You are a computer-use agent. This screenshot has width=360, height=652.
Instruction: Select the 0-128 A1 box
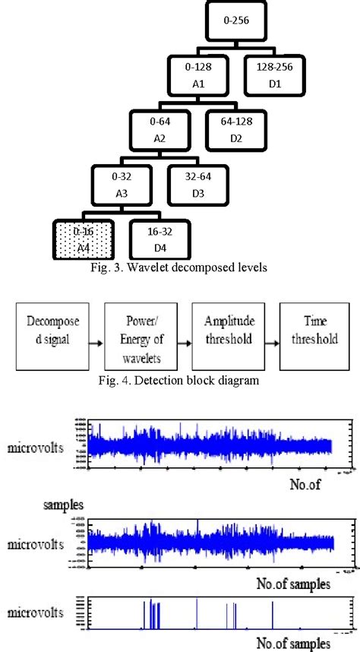tap(197, 76)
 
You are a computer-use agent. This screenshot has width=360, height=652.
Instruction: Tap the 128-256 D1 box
tap(274, 76)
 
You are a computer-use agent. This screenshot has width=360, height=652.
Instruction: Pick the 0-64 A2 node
tap(159, 131)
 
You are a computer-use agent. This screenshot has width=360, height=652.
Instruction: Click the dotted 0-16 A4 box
tap(83, 240)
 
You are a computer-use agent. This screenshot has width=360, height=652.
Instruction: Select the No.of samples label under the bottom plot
tap(292, 642)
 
